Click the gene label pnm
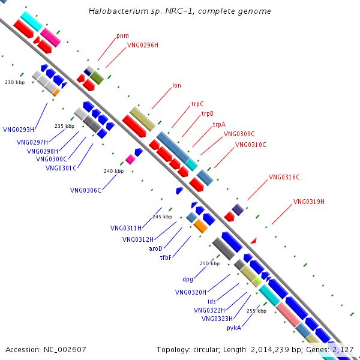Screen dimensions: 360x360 pyautogui.click(x=122, y=35)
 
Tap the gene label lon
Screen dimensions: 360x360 pyautogui.click(x=176, y=85)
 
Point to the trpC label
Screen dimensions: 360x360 pyautogui.click(x=197, y=104)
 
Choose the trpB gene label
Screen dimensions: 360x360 pyautogui.click(x=208, y=113)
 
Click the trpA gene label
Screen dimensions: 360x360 pyautogui.click(x=219, y=125)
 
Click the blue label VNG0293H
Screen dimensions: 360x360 pyautogui.click(x=19, y=129)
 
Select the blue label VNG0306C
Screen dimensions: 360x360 pyautogui.click(x=86, y=190)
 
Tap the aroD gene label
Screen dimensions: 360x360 pyautogui.click(x=156, y=248)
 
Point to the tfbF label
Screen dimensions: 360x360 pyautogui.click(x=166, y=257)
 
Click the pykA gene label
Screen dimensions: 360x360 pyautogui.click(x=234, y=328)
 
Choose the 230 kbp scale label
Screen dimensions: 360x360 pyautogui.click(x=14, y=82)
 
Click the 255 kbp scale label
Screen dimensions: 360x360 pyautogui.click(x=256, y=311)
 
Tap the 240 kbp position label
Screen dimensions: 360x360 pyautogui.click(x=113, y=171)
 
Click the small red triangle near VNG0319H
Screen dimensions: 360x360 pyautogui.click(x=253, y=241)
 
